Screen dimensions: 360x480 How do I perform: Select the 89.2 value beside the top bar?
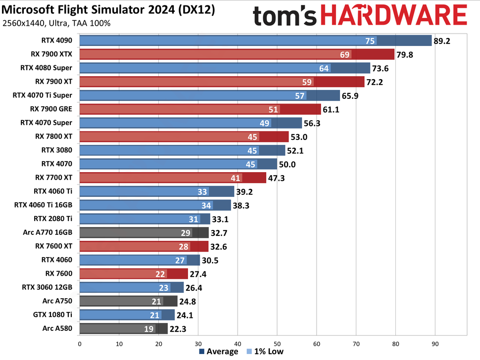tap(442, 41)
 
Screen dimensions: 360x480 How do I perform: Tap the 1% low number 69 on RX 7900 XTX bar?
tap(345, 54)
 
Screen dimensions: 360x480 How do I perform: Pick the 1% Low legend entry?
tap(266, 352)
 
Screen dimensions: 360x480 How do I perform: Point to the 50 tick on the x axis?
tap(277, 342)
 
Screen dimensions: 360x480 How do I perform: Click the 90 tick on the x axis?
tap(435, 342)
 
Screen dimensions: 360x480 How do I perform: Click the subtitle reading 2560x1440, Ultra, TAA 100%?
tap(56, 23)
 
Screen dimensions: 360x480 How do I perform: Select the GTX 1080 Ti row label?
tap(52, 314)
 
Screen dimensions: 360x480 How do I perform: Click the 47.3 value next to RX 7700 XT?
tap(276, 178)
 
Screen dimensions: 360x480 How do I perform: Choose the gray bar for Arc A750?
tap(128, 301)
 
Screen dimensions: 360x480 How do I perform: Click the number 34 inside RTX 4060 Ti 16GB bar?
tap(207, 205)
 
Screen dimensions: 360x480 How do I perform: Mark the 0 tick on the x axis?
tap(79, 342)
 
